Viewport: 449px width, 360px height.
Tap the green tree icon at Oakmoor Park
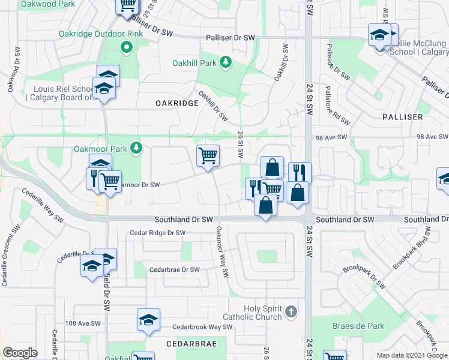pyautogui.click(x=136, y=147)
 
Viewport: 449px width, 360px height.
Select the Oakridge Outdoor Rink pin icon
pyautogui.click(x=126, y=47)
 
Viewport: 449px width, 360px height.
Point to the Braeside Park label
pyautogui.click(x=358, y=326)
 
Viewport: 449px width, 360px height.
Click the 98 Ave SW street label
pyautogui.click(x=331, y=137)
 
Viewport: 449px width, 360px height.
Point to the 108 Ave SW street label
pyautogui.click(x=83, y=323)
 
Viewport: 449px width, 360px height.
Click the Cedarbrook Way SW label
pyautogui.click(x=202, y=327)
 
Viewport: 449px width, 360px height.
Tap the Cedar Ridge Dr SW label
pyautogui.click(x=158, y=233)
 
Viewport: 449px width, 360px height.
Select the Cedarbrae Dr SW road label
pyautogui.click(x=174, y=270)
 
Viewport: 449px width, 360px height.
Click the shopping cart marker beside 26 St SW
pyautogui.click(x=208, y=155)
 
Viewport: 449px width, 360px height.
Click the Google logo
pyautogui.click(x=20, y=353)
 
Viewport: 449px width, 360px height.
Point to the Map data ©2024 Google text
pyautogui.click(x=412, y=355)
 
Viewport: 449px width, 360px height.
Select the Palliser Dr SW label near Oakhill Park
pyautogui.click(x=231, y=38)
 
